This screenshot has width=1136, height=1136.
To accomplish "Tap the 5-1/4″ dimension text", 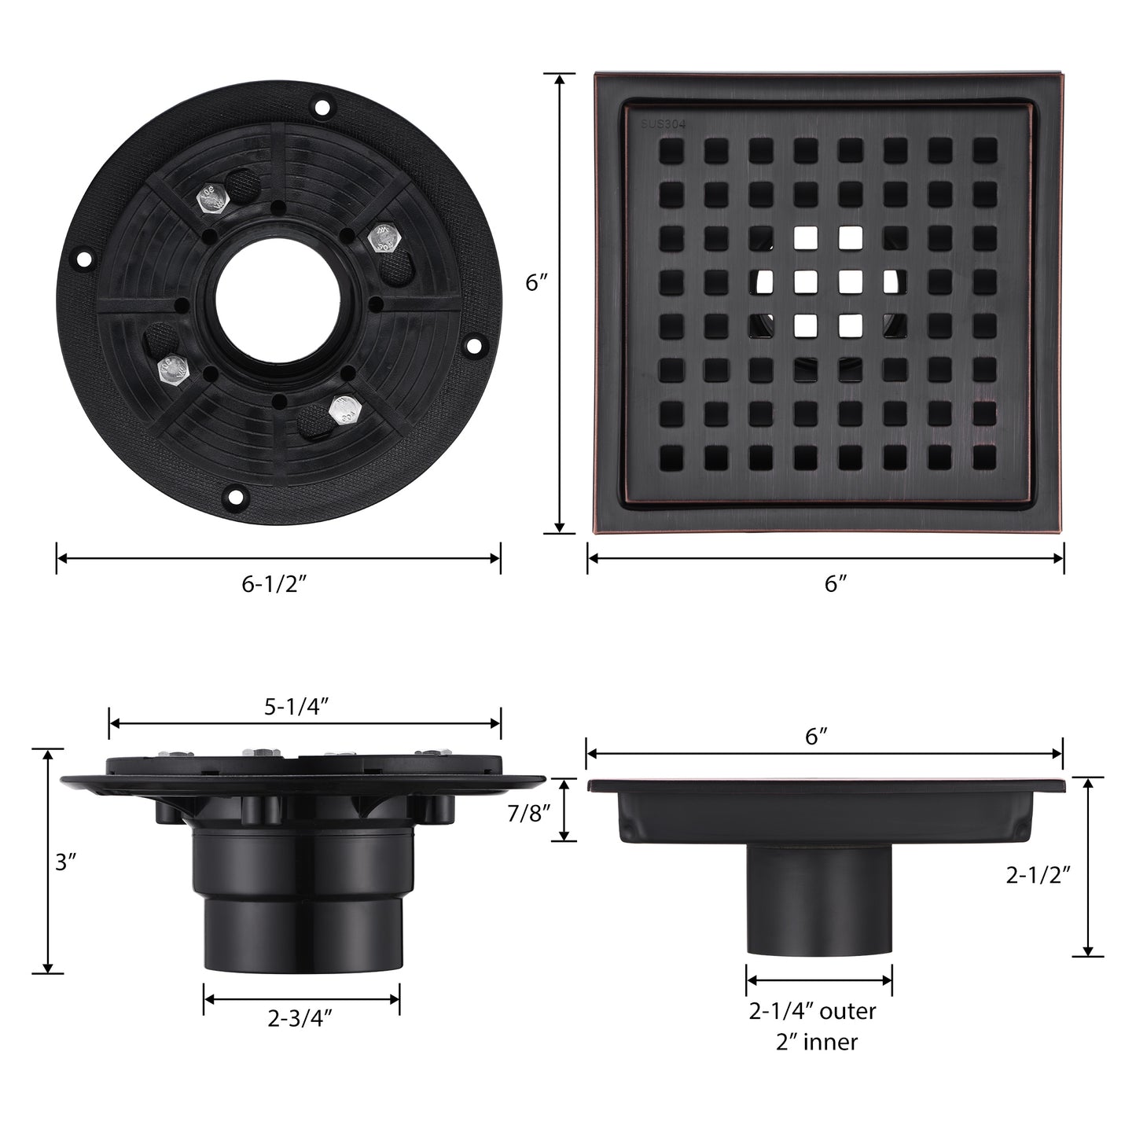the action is [296, 706].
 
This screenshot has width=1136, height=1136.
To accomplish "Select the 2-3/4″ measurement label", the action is [300, 1018].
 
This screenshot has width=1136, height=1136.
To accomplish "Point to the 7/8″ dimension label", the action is [529, 814].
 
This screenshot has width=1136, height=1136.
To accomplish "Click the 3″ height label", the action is [66, 862].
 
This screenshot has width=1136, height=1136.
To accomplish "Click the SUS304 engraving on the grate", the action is [664, 124].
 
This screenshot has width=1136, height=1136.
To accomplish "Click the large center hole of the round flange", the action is [278, 301].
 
